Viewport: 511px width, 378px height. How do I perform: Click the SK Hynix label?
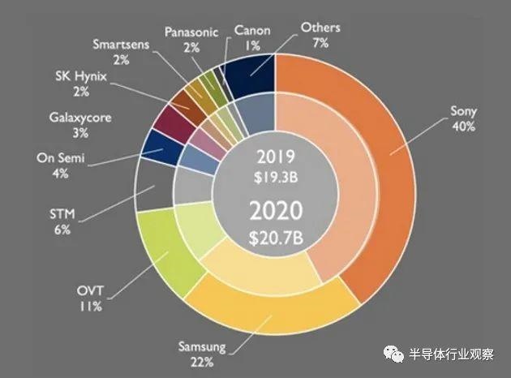coord(81,76)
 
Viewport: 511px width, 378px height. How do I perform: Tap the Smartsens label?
coord(120,42)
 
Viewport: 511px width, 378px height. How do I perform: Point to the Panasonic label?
coord(191,32)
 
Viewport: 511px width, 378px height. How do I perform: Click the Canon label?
coord(252,30)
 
